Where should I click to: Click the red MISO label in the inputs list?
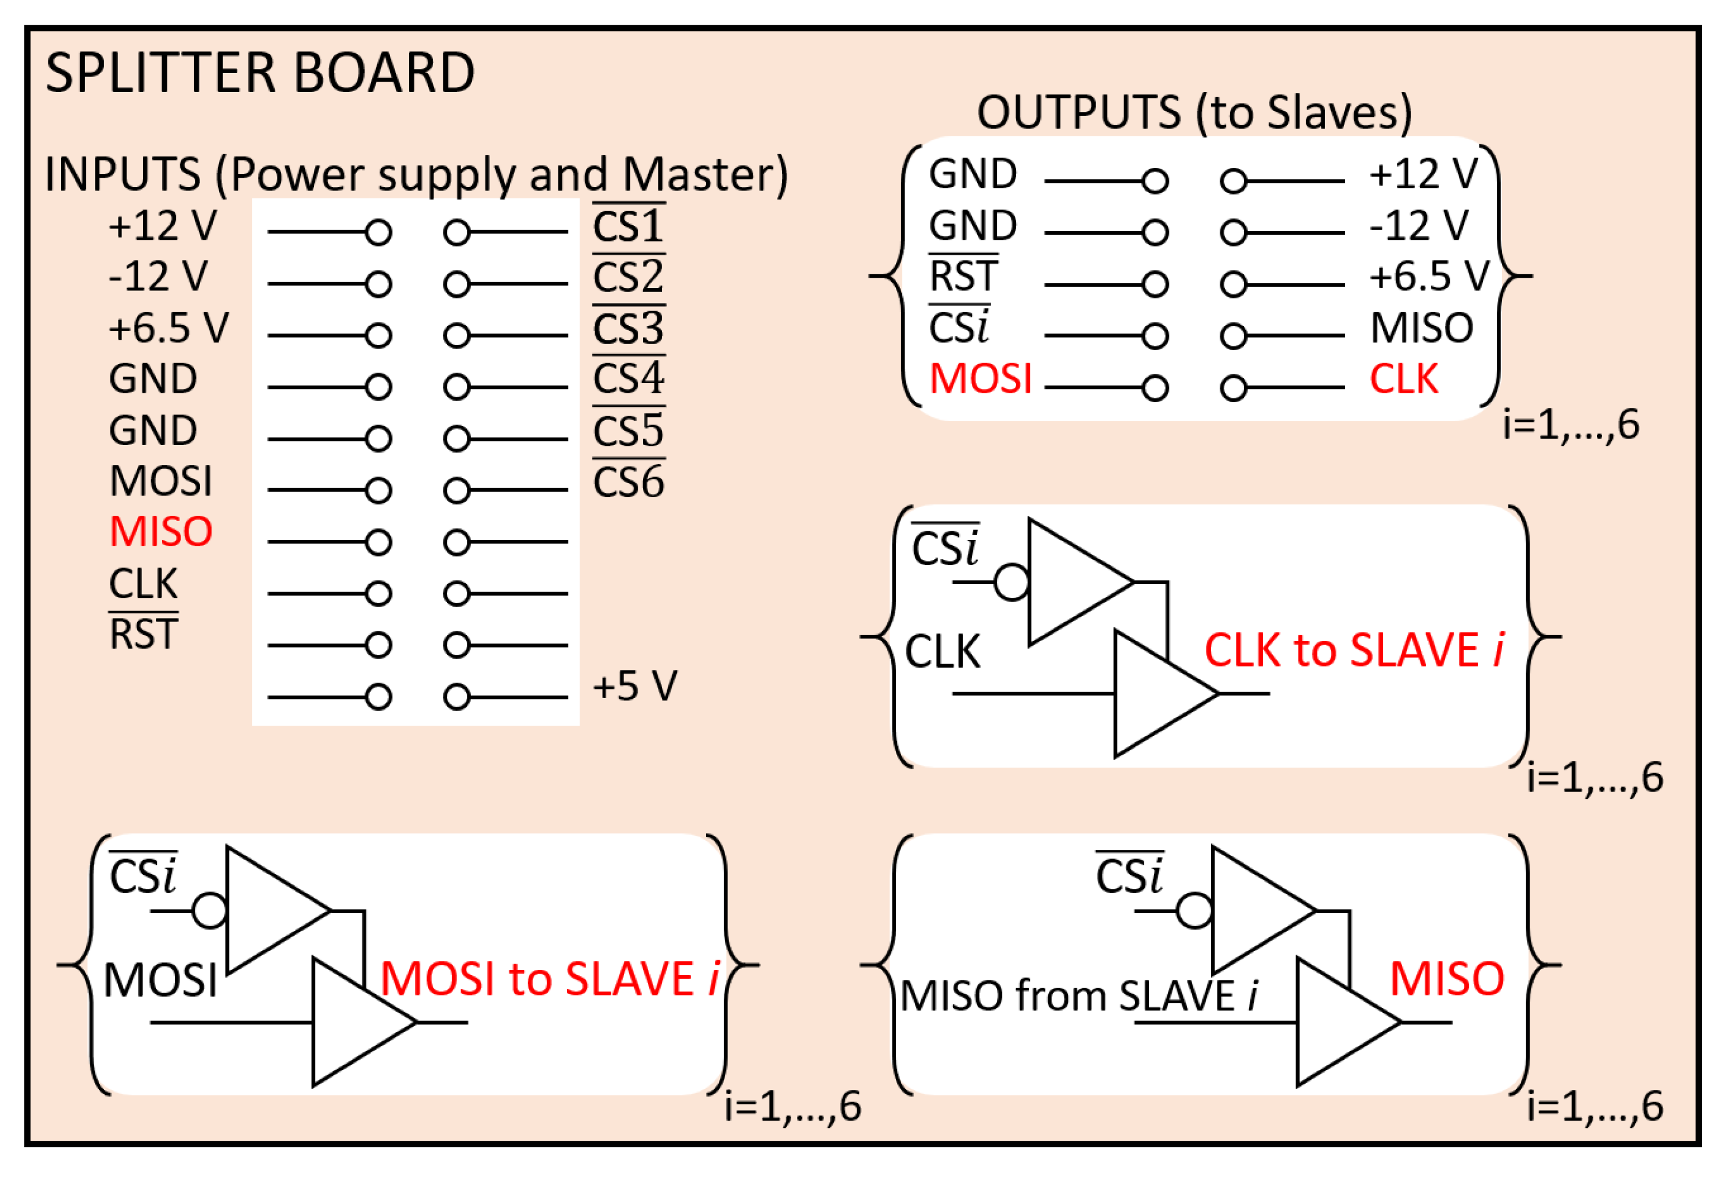click(x=161, y=532)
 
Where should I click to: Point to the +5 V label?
click(x=634, y=686)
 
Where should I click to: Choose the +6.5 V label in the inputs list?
click(x=168, y=328)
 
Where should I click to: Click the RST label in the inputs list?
click(x=143, y=635)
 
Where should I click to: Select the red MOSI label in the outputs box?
click(x=980, y=379)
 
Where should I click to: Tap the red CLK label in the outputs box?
click(x=1404, y=379)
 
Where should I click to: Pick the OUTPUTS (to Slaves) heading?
click(x=1194, y=113)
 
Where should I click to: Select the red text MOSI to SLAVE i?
click(x=550, y=979)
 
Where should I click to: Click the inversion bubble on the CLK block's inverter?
click(x=1011, y=582)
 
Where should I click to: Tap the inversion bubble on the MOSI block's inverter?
click(x=209, y=911)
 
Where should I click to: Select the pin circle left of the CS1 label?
click(x=457, y=233)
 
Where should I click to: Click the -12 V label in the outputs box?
click(x=1419, y=225)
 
